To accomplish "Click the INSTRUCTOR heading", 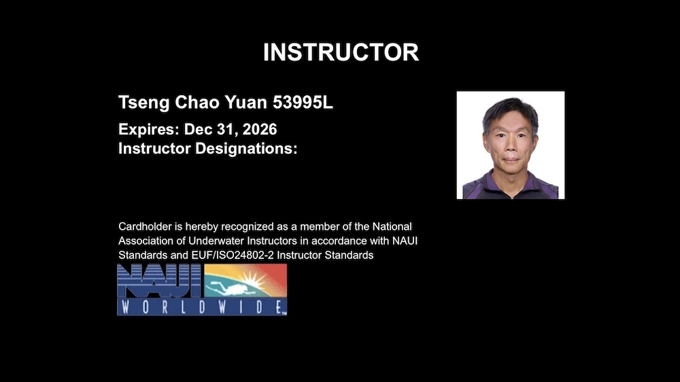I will point(341,52).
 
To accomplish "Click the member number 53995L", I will point(303,103).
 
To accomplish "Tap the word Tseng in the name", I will point(139,103).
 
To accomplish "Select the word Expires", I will point(144,129).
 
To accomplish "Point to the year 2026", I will point(259,129).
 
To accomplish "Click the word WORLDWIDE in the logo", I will point(202,307).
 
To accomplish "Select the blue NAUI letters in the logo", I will point(159,281).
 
